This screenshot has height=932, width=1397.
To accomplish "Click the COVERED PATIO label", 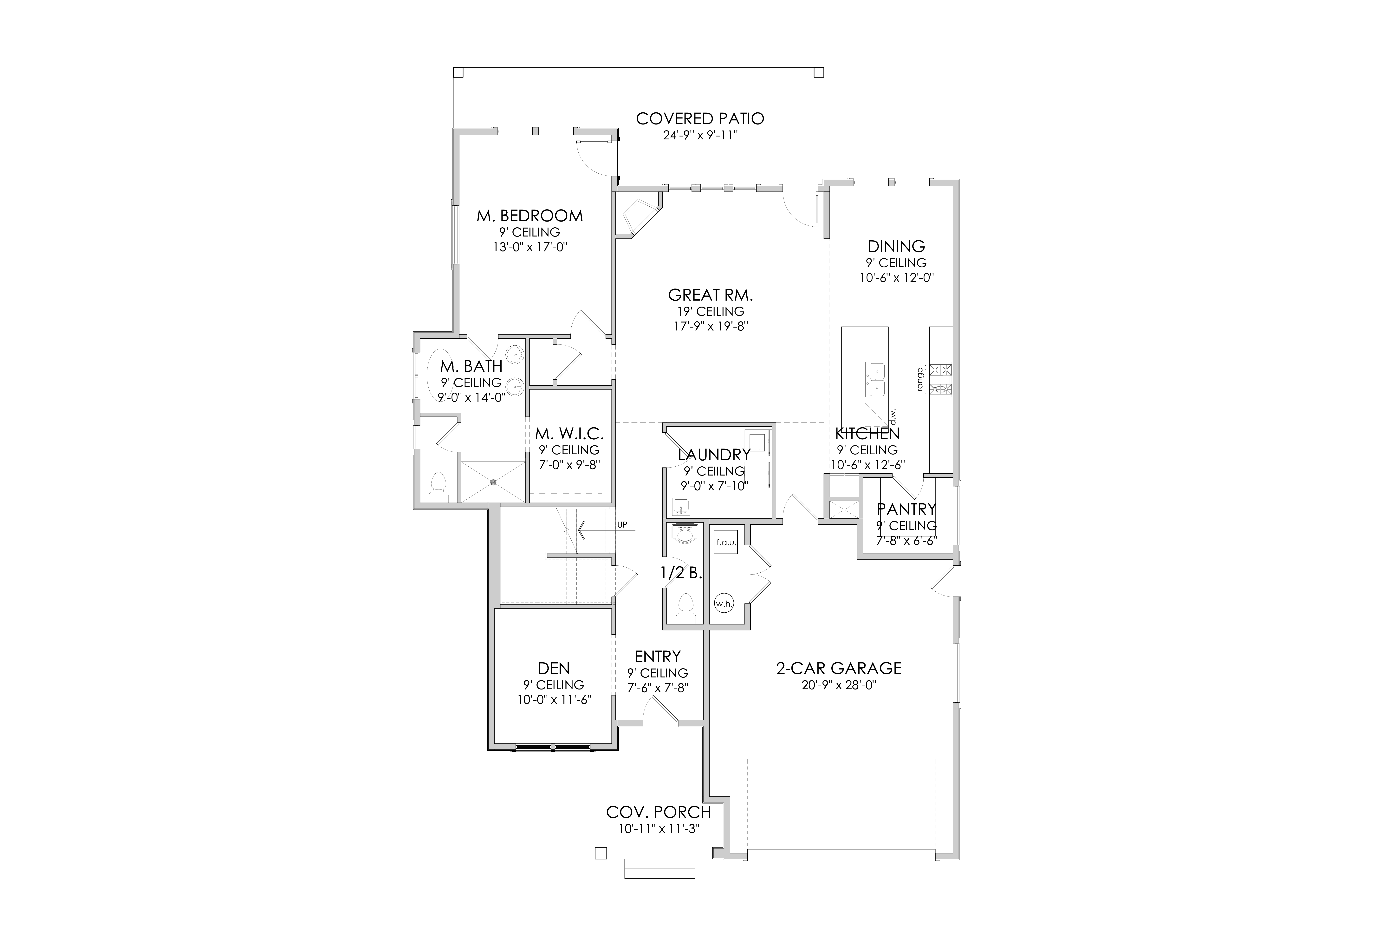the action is (700, 119).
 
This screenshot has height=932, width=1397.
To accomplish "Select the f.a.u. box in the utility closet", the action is (726, 542).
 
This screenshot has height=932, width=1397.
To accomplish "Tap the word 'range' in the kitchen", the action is (920, 379).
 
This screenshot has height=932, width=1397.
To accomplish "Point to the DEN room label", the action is (554, 669).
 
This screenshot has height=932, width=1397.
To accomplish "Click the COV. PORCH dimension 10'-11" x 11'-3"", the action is (659, 829).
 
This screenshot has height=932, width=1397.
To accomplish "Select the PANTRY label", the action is (906, 509).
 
